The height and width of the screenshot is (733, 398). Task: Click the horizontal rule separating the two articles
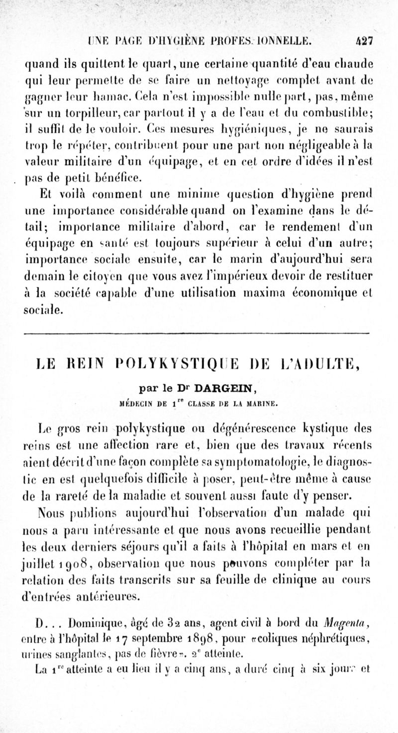click(199, 331)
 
